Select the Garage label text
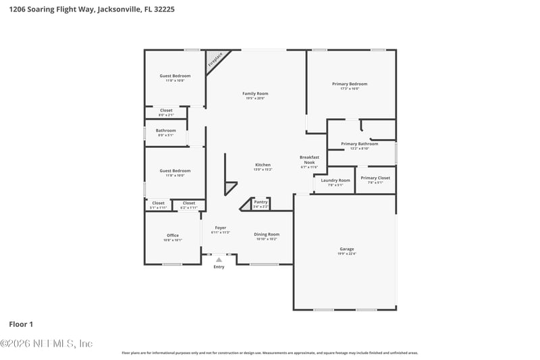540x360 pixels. coord(346,251)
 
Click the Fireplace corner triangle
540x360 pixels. coord(215,59)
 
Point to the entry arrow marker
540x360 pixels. coord(219,259)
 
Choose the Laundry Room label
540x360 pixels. coord(335,182)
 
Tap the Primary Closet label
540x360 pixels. coord(375,179)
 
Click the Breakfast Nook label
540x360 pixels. coord(308,161)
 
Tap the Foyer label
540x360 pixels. coord(221,229)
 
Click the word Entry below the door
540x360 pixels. coord(219,267)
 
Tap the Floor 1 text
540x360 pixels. coord(21,324)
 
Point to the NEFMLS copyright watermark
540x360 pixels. coord(46,344)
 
